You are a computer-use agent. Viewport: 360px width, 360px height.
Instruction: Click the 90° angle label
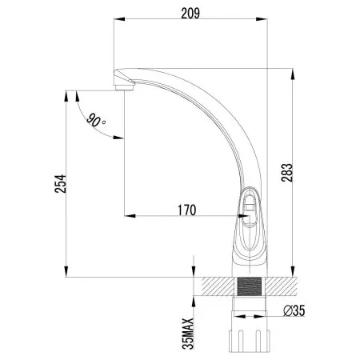tap(97, 122)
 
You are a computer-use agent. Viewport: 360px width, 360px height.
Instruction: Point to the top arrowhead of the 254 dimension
tap(64, 90)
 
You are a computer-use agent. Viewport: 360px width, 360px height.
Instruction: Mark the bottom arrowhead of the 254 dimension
tap(64, 273)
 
